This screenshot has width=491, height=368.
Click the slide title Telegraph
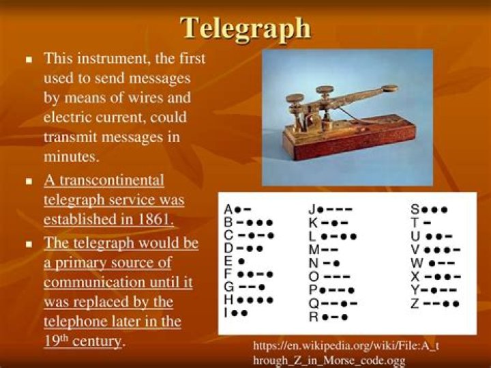(x=245, y=28)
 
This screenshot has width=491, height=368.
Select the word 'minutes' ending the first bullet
(x=71, y=156)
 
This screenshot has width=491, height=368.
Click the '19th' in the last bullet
(x=59, y=340)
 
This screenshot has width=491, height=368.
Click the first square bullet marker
(x=29, y=60)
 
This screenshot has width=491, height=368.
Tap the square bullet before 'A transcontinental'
(x=29, y=182)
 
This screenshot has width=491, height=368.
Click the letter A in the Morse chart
(x=229, y=210)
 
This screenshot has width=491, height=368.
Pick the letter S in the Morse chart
(x=415, y=210)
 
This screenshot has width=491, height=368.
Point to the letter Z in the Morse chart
(x=415, y=303)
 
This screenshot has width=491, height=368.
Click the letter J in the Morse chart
(x=312, y=210)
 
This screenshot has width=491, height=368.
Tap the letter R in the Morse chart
(x=313, y=317)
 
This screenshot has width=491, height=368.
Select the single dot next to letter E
(x=241, y=261)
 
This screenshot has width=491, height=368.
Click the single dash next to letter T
(x=427, y=223)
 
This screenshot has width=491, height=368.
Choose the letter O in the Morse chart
(x=313, y=277)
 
